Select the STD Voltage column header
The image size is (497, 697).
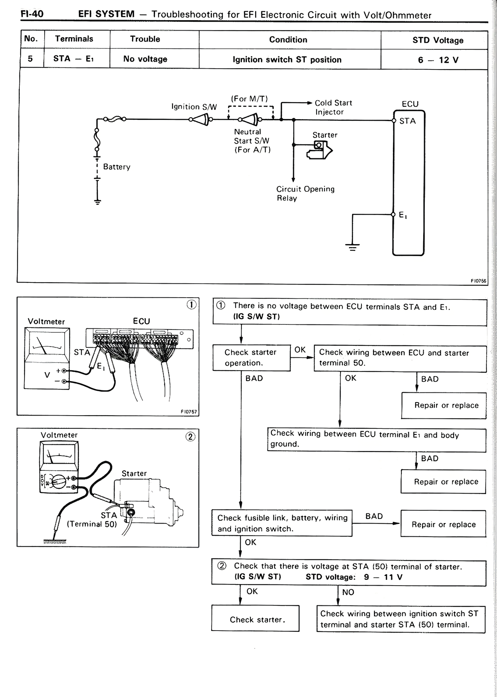[438, 40]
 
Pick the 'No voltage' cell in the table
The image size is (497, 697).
[145, 59]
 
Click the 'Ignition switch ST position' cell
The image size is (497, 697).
[287, 60]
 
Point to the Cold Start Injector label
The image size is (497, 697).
[333, 107]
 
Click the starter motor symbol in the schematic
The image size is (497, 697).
[320, 149]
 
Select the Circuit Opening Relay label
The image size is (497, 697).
[305, 193]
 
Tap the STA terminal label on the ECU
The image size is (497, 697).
[407, 121]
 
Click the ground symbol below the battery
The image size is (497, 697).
[97, 202]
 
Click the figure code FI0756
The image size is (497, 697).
[479, 281]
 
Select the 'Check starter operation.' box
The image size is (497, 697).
[252, 358]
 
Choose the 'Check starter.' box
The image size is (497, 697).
[255, 619]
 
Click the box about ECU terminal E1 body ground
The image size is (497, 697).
[376, 439]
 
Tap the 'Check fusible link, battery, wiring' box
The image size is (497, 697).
[282, 523]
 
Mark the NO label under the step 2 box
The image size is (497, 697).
[348, 592]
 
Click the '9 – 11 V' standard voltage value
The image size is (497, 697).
[383, 577]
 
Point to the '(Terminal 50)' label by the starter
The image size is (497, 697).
[92, 524]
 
